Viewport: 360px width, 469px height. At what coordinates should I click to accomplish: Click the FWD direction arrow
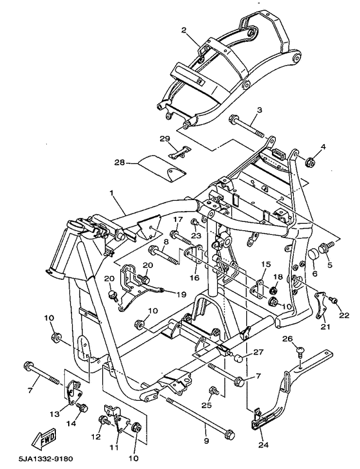pos(44,439)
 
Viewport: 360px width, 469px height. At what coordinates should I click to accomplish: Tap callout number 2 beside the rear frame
pos(184,30)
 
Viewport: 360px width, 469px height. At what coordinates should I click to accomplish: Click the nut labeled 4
pos(309,162)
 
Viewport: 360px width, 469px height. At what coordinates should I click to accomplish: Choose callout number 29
pos(165,139)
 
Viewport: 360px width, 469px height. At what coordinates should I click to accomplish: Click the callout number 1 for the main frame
pos(111,193)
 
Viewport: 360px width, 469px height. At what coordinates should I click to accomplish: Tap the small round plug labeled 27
pos(239,358)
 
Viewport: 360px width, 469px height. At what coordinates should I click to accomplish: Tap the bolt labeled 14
pos(82,407)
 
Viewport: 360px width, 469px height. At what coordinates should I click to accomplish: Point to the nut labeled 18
pos(273,290)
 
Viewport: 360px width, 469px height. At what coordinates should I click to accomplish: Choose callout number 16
pos(194,278)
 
